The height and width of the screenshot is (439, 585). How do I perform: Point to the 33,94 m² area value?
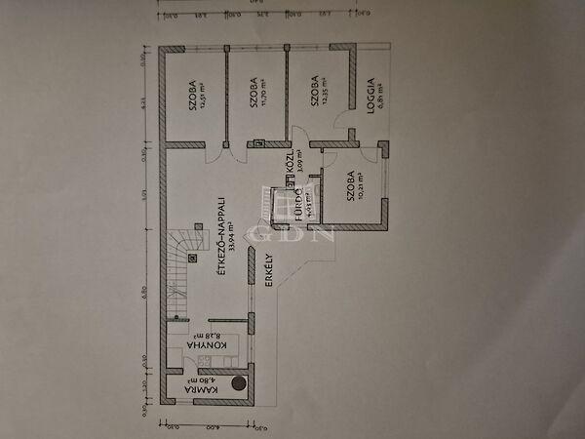[x=232, y=235]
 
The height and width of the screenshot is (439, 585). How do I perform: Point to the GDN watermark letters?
[x=292, y=232]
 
